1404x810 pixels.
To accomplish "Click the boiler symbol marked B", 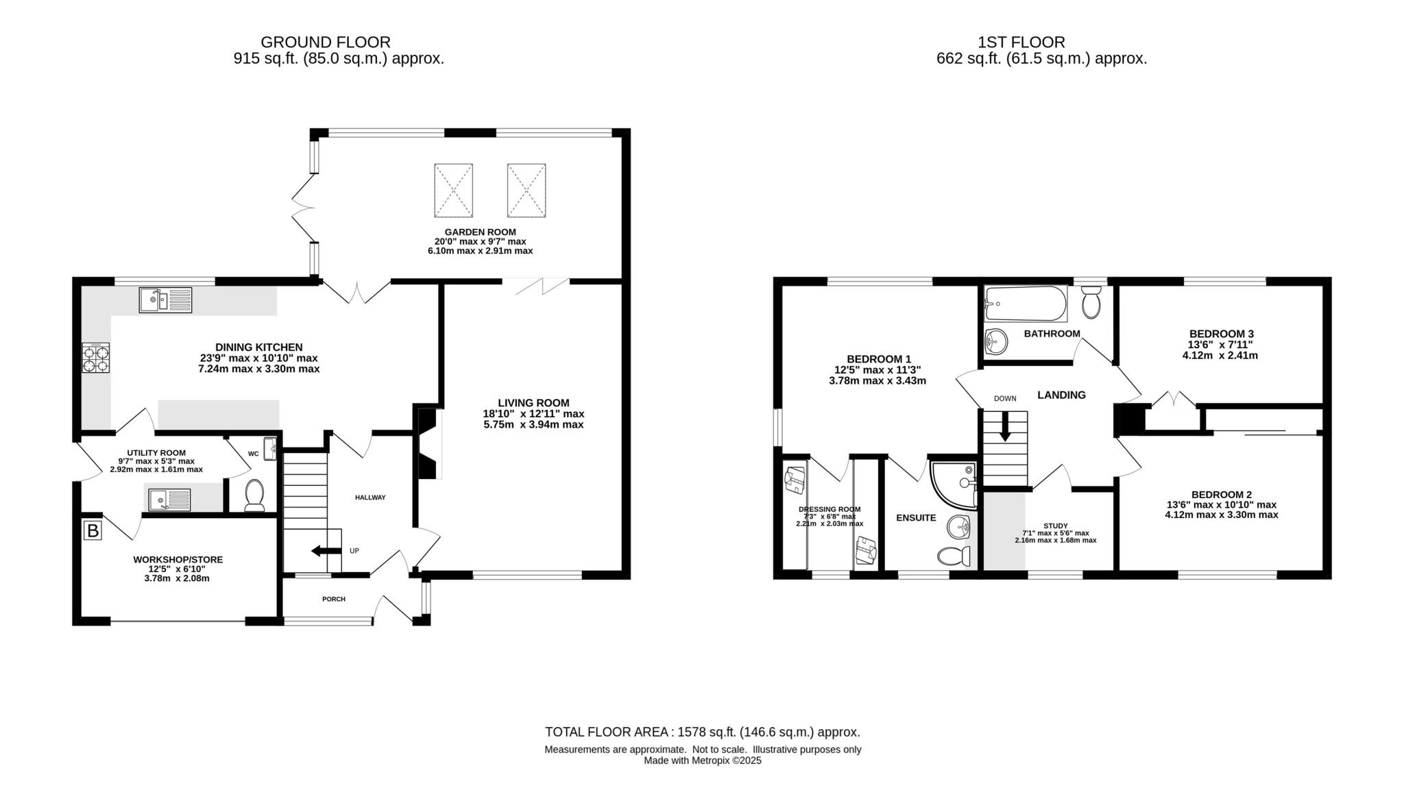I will coord(93,530).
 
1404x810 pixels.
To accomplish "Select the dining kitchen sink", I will coord(165,300).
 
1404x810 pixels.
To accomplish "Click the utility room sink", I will coord(168,500).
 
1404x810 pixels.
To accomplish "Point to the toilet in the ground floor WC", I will coord(254,495).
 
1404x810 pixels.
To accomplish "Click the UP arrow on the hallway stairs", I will coord(327,550).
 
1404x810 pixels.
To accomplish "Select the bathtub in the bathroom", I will coord(1025,304).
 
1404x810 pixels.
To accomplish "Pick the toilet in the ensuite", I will coord(954,555).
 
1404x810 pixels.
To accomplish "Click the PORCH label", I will coord(334,599).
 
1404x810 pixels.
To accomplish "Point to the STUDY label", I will coord(1055,526).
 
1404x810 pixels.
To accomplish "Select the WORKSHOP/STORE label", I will coord(178,560).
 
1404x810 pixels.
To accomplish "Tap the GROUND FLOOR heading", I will coord(326,42).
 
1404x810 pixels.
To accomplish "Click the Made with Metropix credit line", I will coord(702,761).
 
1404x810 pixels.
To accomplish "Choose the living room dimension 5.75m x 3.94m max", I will coord(533,425).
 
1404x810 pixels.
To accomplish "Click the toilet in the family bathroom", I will coord(1091,302).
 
